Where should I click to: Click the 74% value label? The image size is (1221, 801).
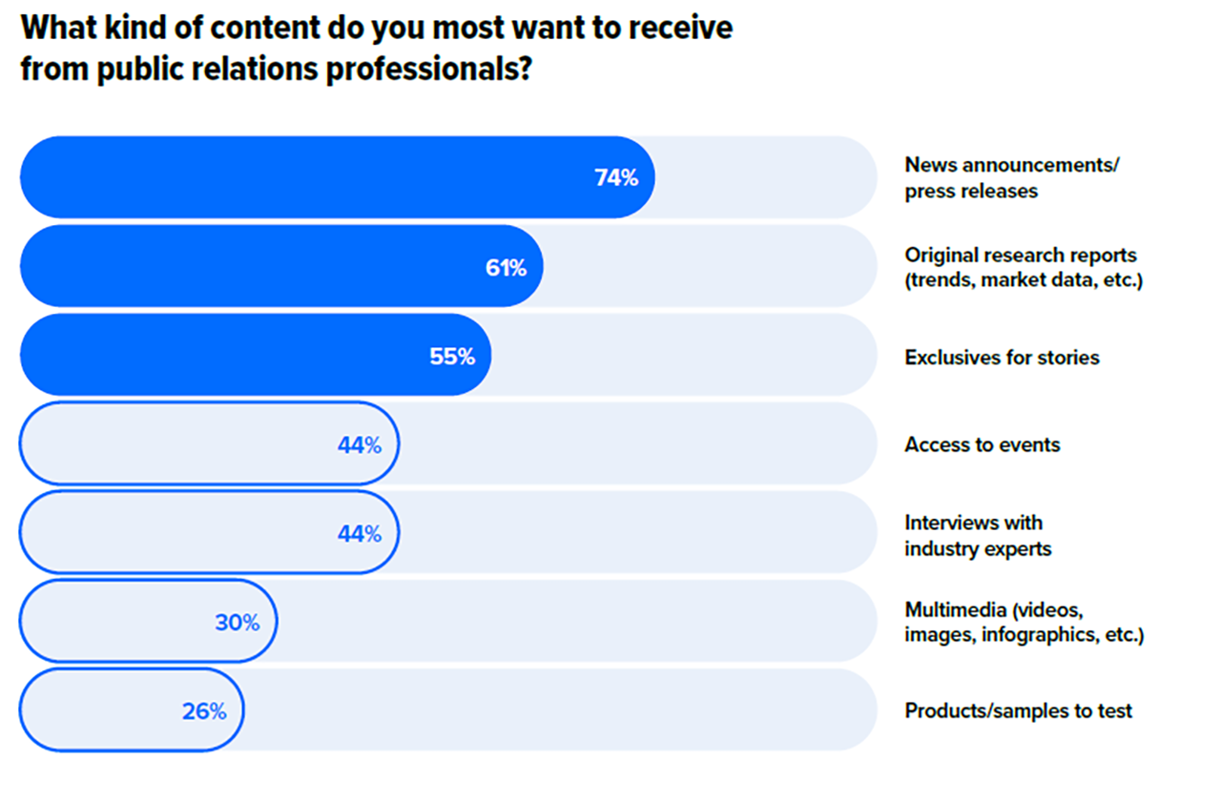point(616,177)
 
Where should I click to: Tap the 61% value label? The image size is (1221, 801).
point(506,268)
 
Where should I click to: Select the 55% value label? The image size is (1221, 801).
point(452,357)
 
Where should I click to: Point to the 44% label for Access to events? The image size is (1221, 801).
point(360,445)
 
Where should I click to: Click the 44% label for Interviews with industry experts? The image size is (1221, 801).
point(360,534)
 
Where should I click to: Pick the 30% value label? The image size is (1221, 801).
point(237,623)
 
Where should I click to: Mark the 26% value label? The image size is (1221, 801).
point(204,711)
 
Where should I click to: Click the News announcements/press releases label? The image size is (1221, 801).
point(1011,177)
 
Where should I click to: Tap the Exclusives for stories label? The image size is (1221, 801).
point(1002,358)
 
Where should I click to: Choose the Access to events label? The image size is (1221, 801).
point(983,445)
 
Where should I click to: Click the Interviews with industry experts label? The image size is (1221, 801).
point(978,535)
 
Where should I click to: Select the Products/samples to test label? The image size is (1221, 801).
point(1018,711)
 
